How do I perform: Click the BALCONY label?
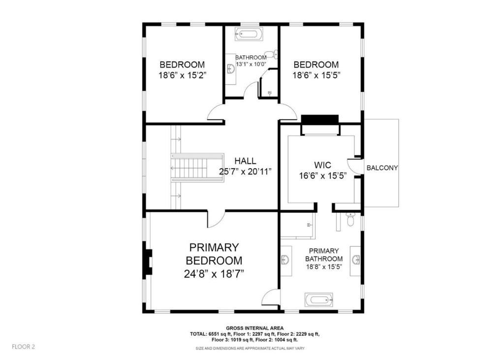point(382,168)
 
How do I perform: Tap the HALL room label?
point(245,161)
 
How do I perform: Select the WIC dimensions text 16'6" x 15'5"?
point(321,176)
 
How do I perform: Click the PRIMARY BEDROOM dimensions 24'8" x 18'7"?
point(214,274)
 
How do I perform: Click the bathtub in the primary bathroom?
point(319,298)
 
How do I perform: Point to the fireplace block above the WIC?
point(320,120)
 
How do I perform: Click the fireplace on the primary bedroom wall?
point(148,262)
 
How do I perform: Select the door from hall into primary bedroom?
point(216,219)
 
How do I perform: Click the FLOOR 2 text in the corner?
point(24,346)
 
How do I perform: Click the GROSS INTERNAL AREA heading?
point(254,328)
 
